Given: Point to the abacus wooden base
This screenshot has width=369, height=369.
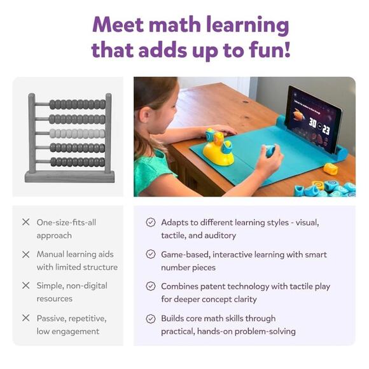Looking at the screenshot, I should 70,176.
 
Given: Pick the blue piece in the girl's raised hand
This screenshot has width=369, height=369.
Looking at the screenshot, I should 270,150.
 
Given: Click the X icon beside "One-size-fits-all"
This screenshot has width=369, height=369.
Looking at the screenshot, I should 26,222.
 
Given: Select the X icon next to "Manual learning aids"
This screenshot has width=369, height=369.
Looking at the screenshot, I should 26,254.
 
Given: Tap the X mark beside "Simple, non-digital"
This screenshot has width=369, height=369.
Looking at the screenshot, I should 26,286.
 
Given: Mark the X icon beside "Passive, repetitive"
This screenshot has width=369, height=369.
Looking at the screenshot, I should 26,317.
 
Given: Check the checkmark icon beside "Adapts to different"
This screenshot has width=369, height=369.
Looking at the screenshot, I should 150,222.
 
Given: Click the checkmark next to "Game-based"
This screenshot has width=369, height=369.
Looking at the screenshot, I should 150,254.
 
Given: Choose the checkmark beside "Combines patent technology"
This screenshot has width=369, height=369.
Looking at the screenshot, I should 150,286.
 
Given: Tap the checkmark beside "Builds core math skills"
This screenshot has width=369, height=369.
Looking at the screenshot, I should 150,318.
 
